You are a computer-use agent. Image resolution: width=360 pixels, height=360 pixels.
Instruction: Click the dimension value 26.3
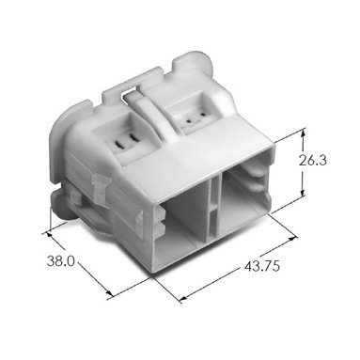point(312,161)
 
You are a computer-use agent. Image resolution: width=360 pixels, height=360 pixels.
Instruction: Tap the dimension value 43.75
point(261,266)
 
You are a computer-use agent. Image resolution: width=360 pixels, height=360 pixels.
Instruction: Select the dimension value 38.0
point(61,260)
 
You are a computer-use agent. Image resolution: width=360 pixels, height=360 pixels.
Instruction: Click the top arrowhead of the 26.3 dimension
point(303,134)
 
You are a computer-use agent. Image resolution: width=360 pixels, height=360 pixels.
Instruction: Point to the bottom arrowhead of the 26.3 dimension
point(302,193)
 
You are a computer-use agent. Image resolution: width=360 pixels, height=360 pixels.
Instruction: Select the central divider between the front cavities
point(213,210)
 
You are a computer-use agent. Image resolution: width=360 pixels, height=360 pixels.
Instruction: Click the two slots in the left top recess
point(126,142)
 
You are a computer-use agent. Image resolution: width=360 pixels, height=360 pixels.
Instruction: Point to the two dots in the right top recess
point(196,119)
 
